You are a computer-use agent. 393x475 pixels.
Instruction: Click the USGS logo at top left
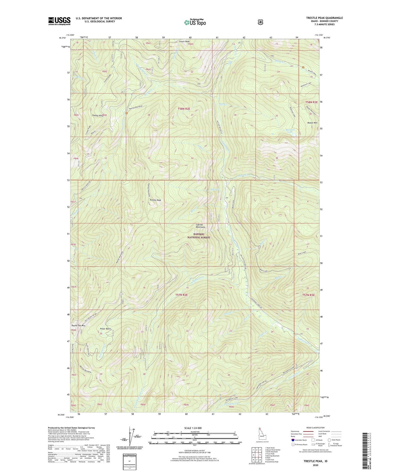[59, 21]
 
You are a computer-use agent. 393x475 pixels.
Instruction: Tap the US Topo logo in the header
[194, 22]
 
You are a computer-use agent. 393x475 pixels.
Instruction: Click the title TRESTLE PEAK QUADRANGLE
[324, 18]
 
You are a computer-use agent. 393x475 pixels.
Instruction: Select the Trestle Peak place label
[155, 200]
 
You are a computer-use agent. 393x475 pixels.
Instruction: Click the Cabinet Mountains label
[200, 226]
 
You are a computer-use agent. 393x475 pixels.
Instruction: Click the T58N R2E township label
[184, 109]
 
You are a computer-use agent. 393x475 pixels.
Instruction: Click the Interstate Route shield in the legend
[293, 440]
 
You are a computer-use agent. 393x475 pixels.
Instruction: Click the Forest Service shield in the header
[260, 22]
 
